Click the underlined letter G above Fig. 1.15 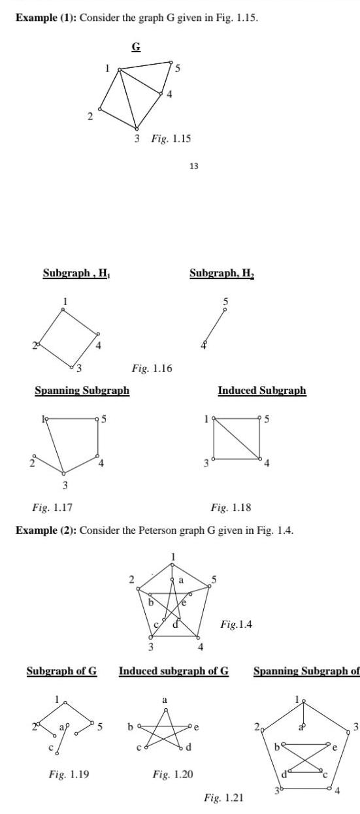[x=135, y=46]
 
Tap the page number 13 [x=193, y=167]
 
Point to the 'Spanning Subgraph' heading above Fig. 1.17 [x=82, y=390]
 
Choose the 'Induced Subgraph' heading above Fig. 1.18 [x=261, y=390]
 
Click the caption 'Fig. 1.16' [x=152, y=369]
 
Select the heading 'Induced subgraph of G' [x=174, y=671]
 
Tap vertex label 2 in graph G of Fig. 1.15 [x=91, y=118]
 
